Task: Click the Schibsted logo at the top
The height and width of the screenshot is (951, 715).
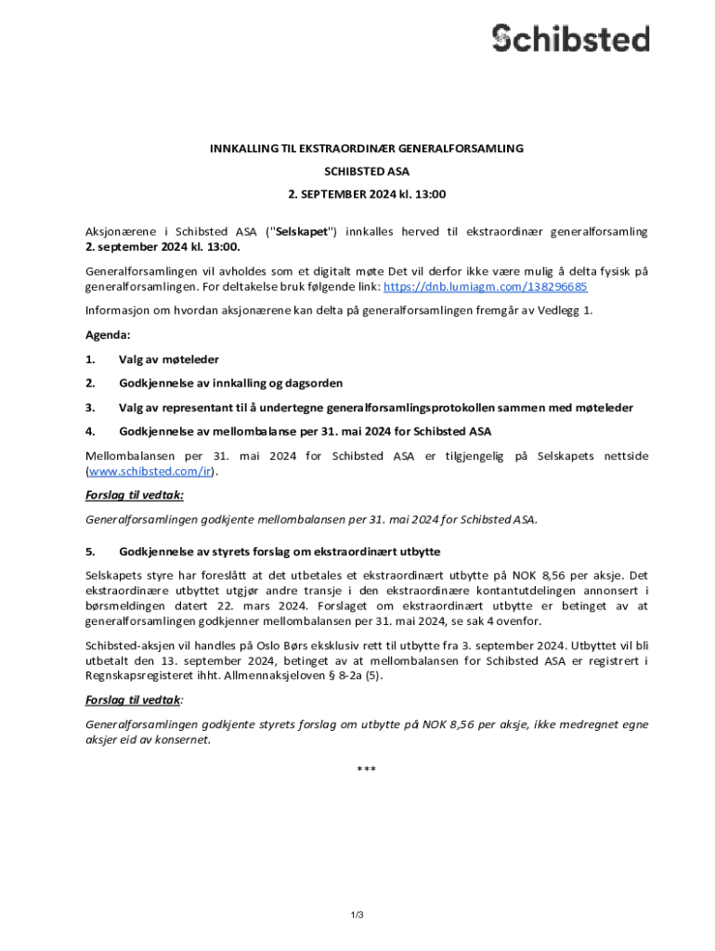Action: (570, 38)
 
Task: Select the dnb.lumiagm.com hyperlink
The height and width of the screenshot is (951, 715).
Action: (485, 286)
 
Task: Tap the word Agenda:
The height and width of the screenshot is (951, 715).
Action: (108, 334)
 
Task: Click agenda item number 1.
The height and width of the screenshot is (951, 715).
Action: (90, 358)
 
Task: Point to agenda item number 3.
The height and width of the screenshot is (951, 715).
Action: (90, 407)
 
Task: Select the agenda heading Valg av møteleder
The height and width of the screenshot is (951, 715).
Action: (169, 358)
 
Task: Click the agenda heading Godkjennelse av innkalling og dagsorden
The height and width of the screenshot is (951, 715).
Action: (230, 383)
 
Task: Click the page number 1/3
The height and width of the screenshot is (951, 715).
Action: (357, 915)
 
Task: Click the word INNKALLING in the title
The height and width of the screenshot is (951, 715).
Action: (244, 149)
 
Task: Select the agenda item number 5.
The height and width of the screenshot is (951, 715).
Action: (90, 552)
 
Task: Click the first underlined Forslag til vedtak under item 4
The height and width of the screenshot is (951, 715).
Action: (134, 495)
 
